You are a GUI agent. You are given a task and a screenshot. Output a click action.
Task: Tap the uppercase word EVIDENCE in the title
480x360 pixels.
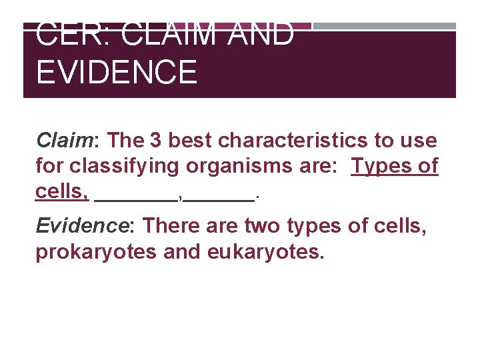(117, 72)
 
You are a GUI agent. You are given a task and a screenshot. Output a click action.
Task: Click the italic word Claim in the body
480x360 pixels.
(63, 141)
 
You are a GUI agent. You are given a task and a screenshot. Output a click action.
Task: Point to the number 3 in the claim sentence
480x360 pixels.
(155, 141)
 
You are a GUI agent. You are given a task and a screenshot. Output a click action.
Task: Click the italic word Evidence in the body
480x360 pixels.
(81, 226)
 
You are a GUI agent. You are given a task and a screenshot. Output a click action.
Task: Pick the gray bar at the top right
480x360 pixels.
(384, 26)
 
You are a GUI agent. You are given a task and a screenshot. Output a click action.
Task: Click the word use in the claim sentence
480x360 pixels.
(419, 141)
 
